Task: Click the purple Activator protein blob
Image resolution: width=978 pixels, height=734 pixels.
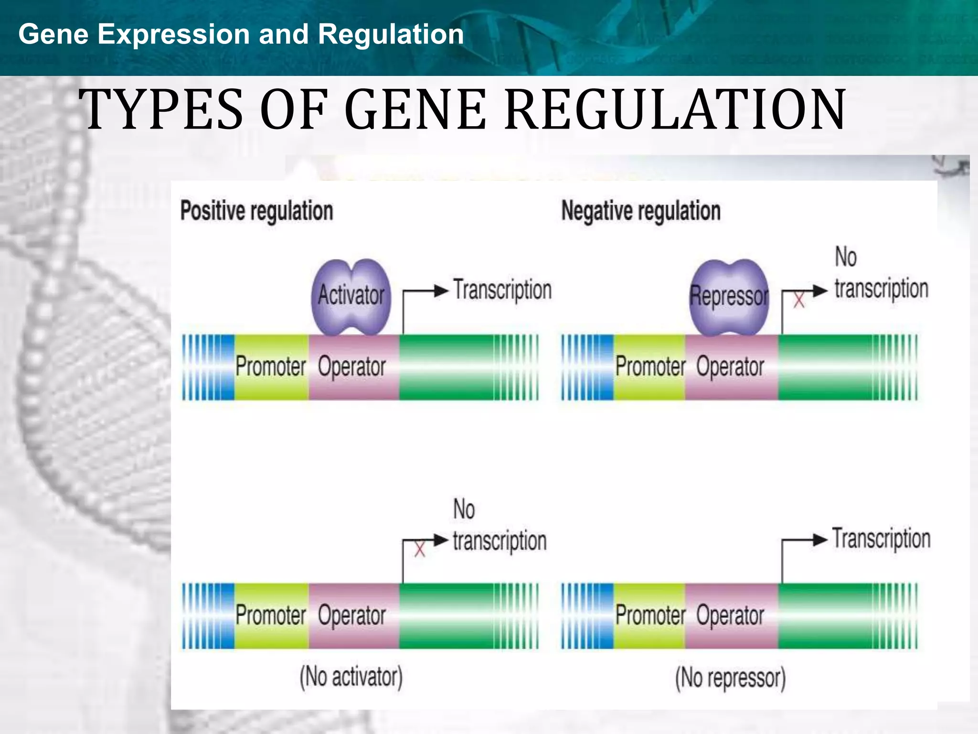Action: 351,296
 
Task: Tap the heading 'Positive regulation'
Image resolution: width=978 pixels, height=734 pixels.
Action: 256,211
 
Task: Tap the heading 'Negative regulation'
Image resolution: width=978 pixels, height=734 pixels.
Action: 640,211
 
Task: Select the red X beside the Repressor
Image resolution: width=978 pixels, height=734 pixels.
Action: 799,301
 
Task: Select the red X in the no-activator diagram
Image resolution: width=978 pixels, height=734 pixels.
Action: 420,549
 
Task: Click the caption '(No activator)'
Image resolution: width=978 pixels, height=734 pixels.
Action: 351,677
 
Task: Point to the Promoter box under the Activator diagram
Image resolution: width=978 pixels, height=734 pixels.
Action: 271,367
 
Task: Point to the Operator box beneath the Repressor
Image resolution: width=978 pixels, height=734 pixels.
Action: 730,367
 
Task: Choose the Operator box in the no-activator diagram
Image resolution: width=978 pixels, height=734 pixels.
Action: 352,615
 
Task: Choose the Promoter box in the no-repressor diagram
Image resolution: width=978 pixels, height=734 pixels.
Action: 650,615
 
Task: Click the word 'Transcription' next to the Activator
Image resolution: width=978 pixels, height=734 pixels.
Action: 502,291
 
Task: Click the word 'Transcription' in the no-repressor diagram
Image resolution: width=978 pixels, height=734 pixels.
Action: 882,539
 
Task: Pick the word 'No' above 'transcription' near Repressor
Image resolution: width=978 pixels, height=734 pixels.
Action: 845,257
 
